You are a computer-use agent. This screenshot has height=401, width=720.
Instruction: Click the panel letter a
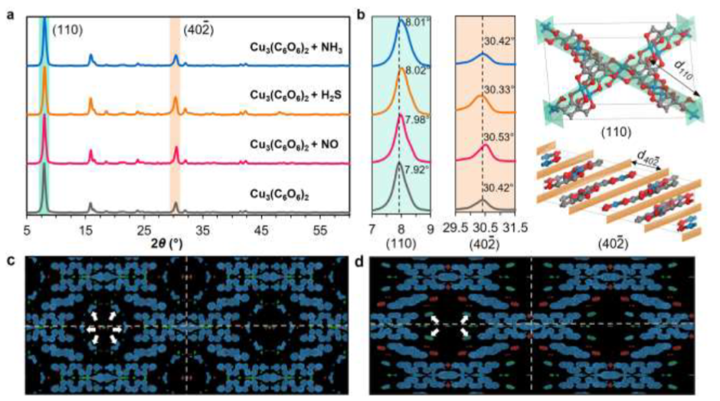pyautogui.click(x=11, y=10)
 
